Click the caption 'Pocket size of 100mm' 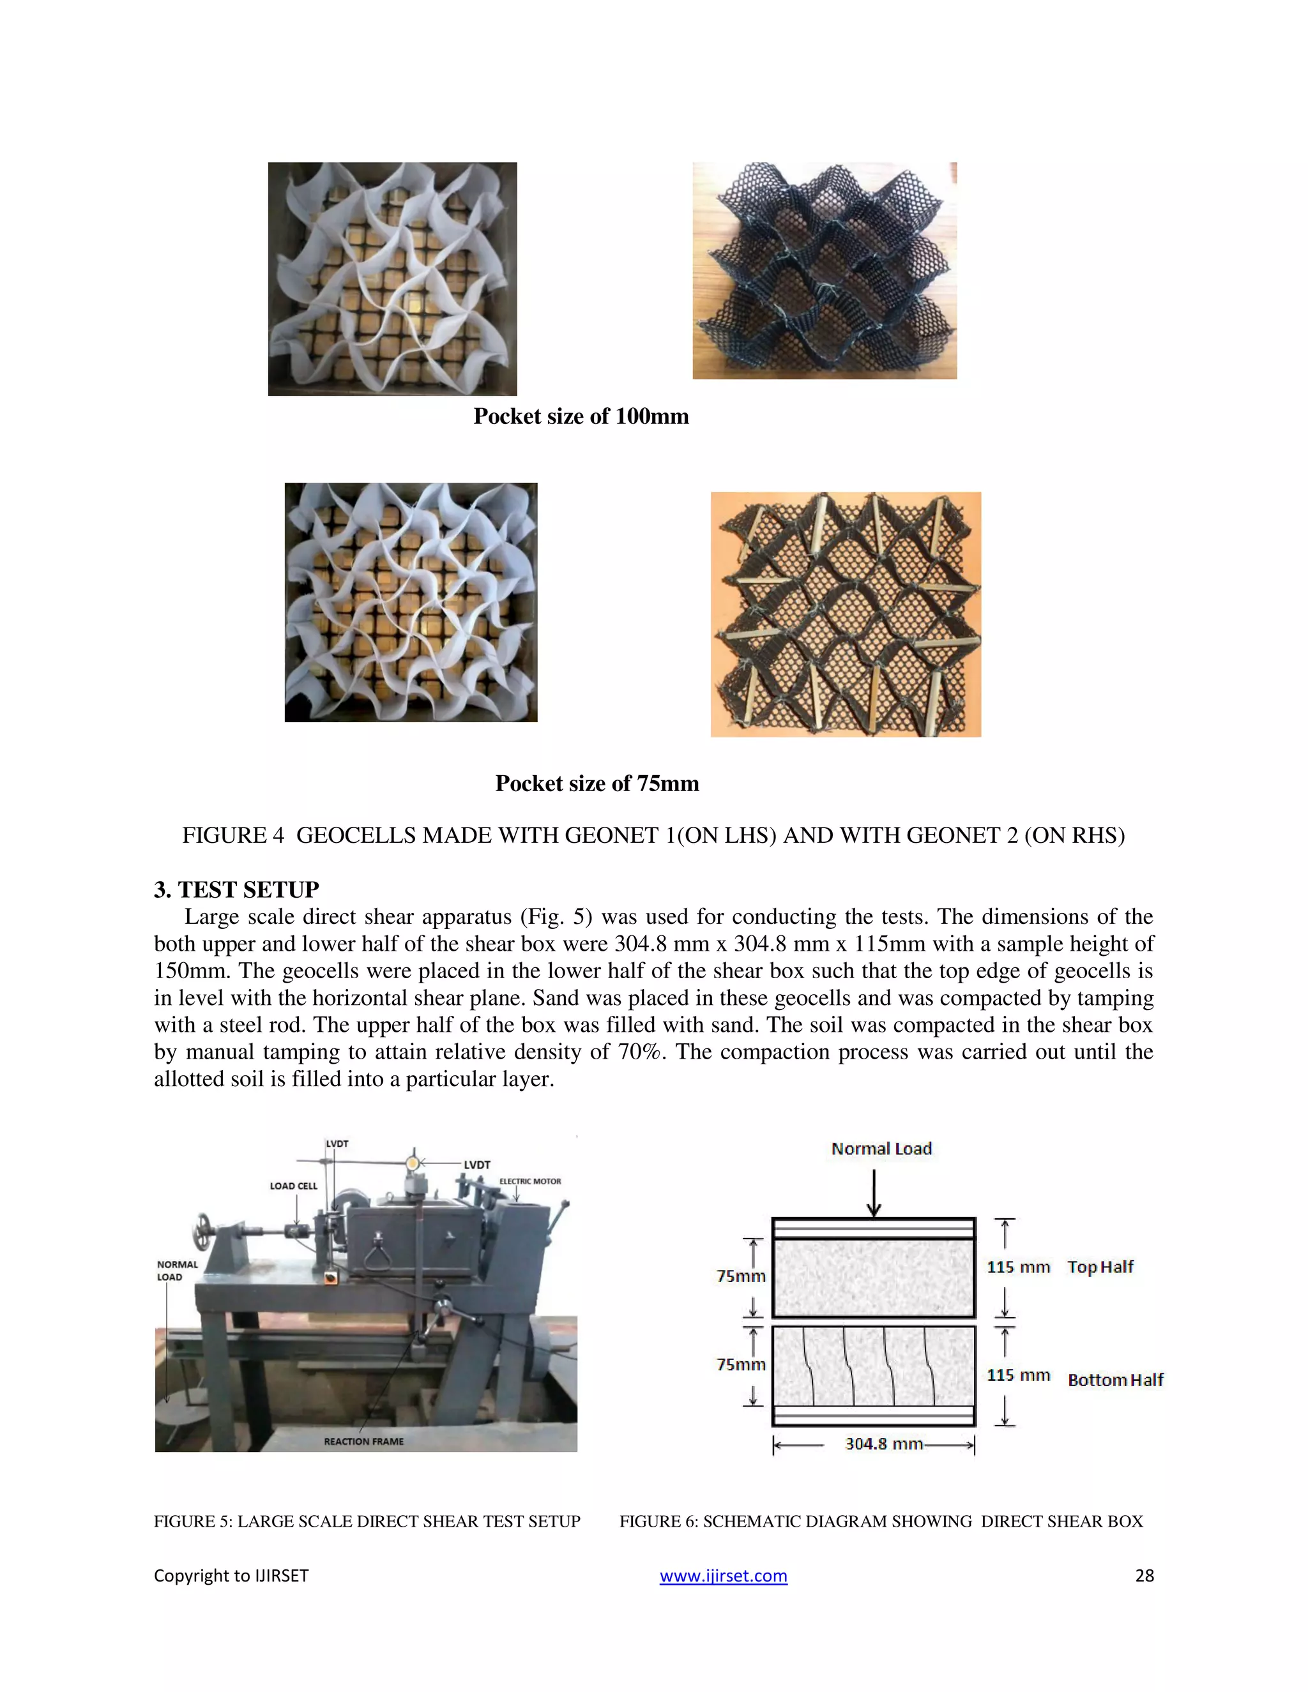coord(581,417)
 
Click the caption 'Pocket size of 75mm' coord(597,783)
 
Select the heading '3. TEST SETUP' coord(236,889)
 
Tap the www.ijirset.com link coord(723,1575)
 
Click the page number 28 coord(1144,1575)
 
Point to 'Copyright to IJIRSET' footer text coord(231,1575)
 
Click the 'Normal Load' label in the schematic coord(881,1148)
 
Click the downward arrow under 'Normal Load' coord(874,1193)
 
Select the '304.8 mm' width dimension coord(883,1444)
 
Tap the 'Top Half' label coord(1100,1267)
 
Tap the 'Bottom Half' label coord(1115,1380)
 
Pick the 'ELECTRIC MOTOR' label coord(530,1181)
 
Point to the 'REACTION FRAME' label coord(363,1441)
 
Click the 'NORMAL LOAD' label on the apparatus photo coord(178,1271)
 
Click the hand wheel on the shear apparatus coord(204,1231)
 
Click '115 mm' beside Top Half coord(1017,1267)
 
